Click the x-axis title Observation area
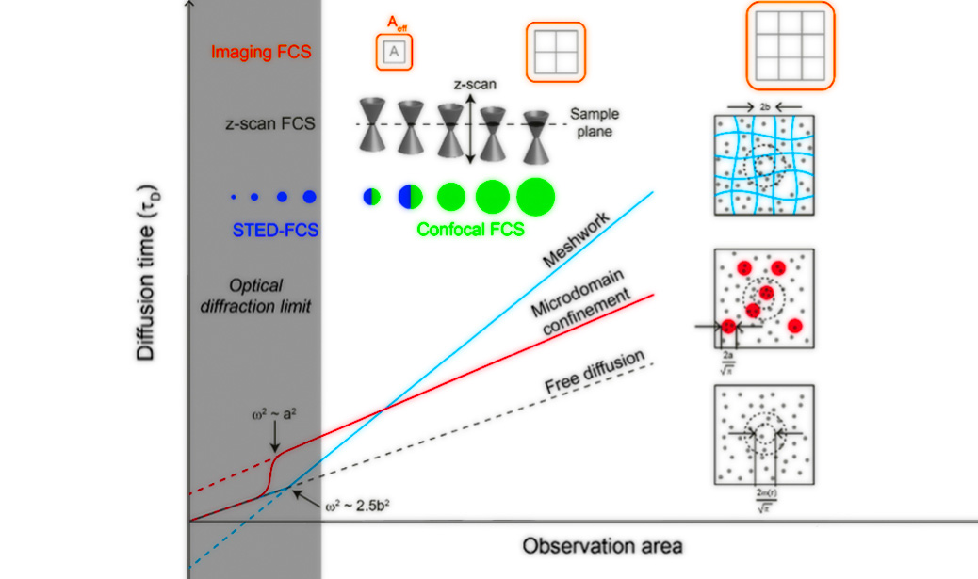(602, 546)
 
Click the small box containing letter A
(395, 54)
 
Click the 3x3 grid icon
(790, 43)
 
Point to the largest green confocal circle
(536, 196)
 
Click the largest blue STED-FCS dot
(308, 197)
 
